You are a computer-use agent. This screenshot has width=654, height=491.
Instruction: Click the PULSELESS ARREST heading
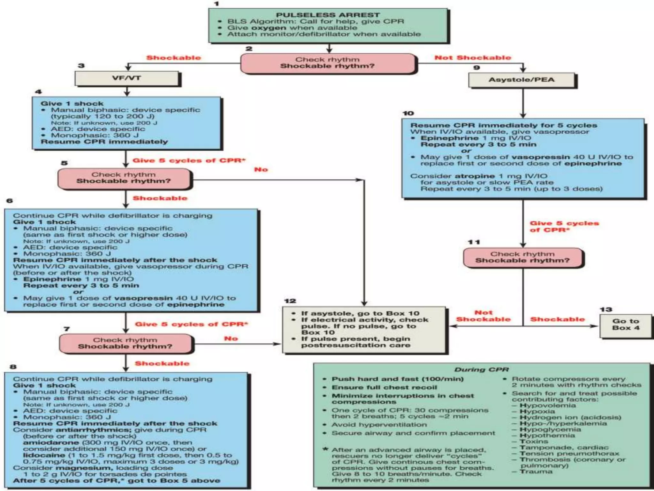(328, 15)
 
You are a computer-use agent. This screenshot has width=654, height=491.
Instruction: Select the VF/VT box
(127, 78)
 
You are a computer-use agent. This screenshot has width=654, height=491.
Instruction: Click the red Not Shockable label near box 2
(473, 58)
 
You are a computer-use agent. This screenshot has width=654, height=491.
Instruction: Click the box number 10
(408, 113)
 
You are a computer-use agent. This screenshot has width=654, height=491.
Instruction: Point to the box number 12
(290, 301)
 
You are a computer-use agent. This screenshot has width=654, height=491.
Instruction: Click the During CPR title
(481, 370)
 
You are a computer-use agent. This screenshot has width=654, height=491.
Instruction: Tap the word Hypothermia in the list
(547, 435)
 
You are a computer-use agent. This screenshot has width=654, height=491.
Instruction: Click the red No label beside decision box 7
(231, 338)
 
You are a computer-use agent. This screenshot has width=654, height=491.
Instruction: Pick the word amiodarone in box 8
(51, 442)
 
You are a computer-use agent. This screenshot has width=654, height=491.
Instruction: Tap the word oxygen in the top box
(271, 28)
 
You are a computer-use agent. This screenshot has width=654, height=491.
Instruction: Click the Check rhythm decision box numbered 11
(522, 257)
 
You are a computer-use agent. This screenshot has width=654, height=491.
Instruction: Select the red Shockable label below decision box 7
(162, 363)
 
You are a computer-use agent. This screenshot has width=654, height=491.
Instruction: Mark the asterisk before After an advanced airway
(325, 449)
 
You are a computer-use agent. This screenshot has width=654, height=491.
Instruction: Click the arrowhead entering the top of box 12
(364, 303)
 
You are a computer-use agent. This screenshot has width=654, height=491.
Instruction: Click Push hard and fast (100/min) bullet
(397, 379)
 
